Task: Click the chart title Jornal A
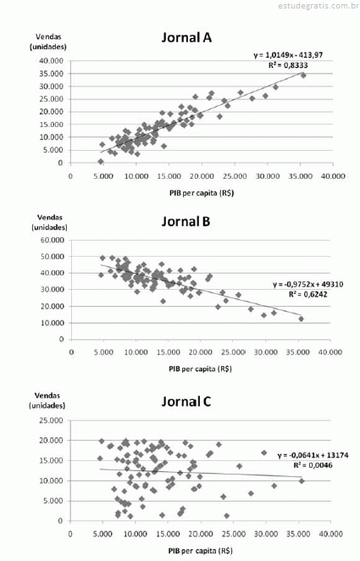(x=186, y=37)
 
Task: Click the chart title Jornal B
(x=186, y=221)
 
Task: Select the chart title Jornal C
(x=186, y=402)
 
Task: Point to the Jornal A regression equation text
(x=288, y=55)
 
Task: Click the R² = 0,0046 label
(x=313, y=465)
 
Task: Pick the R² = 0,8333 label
(x=288, y=65)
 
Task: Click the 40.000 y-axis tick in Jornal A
(x=51, y=61)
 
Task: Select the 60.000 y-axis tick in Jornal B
(x=52, y=240)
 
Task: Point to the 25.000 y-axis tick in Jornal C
(x=51, y=420)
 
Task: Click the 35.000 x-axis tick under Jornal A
(x=301, y=176)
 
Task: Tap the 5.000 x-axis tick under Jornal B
(x=103, y=353)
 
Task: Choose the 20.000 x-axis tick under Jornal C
(x=201, y=534)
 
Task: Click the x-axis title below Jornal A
(x=202, y=193)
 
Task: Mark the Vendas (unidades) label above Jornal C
(x=47, y=401)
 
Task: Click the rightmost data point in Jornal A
(x=303, y=75)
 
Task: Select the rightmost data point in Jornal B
(x=301, y=319)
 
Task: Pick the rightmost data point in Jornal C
(x=302, y=481)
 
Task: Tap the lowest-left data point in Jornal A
(x=101, y=162)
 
